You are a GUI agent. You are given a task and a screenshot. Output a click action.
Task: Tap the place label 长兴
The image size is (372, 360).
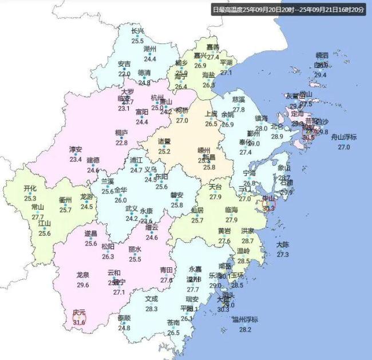tap(137, 31)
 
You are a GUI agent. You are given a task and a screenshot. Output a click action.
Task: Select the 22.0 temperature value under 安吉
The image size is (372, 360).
tap(124, 74)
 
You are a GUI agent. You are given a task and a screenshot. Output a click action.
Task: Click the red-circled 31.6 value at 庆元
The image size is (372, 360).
tap(79, 322)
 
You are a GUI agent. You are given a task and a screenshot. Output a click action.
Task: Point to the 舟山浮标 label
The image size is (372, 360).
tap(343, 137)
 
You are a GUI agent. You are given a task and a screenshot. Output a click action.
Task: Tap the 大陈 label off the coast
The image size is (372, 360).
tap(283, 244)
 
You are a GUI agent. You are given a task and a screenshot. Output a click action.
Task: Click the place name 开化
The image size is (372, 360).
tap(30, 188)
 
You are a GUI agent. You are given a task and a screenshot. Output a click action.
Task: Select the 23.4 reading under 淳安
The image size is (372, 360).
tap(76, 159)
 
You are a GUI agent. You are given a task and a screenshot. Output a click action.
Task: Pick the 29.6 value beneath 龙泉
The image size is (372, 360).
tap(82, 284)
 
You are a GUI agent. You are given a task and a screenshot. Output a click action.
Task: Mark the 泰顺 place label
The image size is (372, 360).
tap(124, 318)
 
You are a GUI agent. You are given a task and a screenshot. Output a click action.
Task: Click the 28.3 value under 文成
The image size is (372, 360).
tap(151, 308)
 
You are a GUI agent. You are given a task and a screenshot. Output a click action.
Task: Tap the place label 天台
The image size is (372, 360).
tap(215, 187)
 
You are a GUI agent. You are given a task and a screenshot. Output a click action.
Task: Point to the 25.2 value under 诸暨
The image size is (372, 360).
tap(164, 151)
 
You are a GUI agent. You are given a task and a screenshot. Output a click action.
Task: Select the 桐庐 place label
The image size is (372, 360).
tap(121, 133)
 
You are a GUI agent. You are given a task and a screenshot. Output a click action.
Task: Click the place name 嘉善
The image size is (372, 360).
tap(212, 47)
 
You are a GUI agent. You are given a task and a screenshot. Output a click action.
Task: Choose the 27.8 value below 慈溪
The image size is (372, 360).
tap(239, 109)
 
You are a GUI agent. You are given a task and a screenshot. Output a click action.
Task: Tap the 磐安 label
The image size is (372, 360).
tap(177, 195)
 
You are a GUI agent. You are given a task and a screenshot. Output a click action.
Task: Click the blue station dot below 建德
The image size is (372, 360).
tap(93, 165)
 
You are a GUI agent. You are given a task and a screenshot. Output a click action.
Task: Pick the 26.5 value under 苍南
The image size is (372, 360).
tap(173, 333)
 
